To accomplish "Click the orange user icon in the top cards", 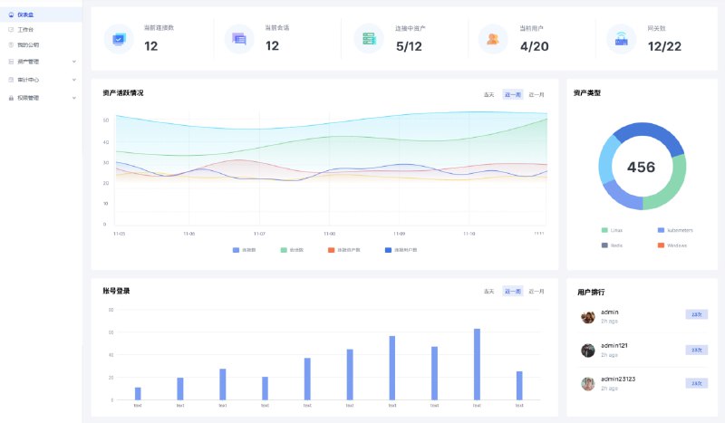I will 492,39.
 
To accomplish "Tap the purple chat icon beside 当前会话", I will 239,39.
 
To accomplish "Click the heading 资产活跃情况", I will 123,93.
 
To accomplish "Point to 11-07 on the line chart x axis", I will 259,234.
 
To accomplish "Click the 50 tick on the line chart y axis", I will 106,120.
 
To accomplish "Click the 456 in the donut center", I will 641,168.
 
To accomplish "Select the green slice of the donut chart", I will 670,186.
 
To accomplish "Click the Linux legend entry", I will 616,230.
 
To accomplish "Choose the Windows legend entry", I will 676,245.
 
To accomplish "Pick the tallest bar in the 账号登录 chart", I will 477,363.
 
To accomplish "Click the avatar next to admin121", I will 588,350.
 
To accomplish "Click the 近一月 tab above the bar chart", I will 536,292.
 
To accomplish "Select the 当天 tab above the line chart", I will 489,94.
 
